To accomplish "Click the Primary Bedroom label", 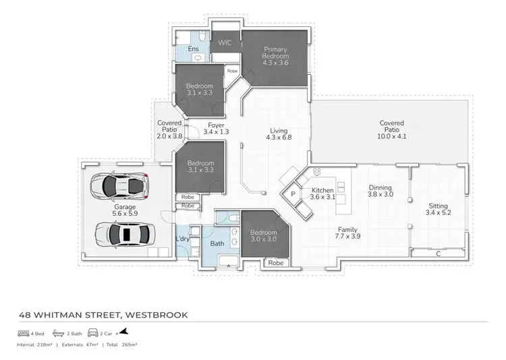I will click(x=275, y=53).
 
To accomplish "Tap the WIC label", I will click(x=225, y=42).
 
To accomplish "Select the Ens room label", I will click(x=193, y=49).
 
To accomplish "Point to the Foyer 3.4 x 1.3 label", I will click(x=216, y=128).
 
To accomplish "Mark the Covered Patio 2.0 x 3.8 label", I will click(x=169, y=129).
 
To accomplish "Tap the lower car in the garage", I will click(x=125, y=234).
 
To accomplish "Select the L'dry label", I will click(x=182, y=239).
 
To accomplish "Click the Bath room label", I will click(x=217, y=243).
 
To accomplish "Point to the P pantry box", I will click(x=293, y=194).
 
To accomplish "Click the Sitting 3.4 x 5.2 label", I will click(x=438, y=210).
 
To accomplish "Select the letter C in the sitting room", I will click(x=439, y=254).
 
